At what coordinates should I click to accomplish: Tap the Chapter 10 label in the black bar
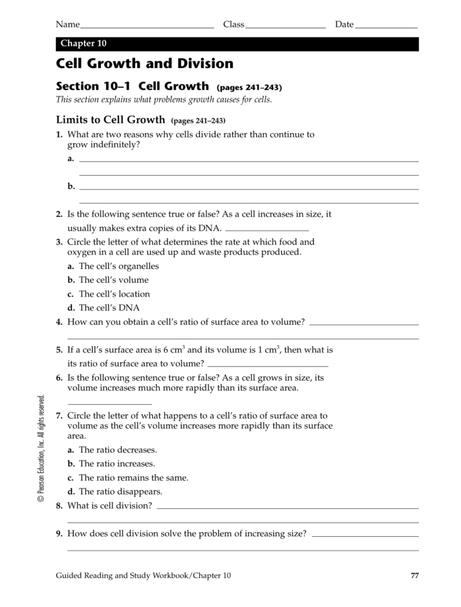[x=83, y=44]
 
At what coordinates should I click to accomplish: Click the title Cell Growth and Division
[x=145, y=64]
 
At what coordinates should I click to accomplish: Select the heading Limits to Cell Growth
[x=111, y=120]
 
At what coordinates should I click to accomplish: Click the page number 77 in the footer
[x=414, y=576]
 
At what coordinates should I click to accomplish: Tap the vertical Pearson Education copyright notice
[x=41, y=448]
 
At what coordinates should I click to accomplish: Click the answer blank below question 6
[x=110, y=404]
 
